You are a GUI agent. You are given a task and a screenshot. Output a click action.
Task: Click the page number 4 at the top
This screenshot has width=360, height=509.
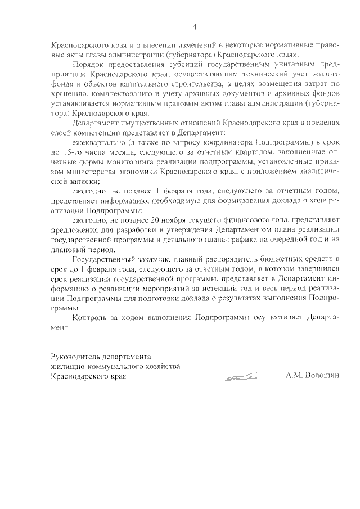[x=194, y=26]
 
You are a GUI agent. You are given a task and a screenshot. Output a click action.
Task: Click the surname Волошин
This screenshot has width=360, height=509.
[x=323, y=376]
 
